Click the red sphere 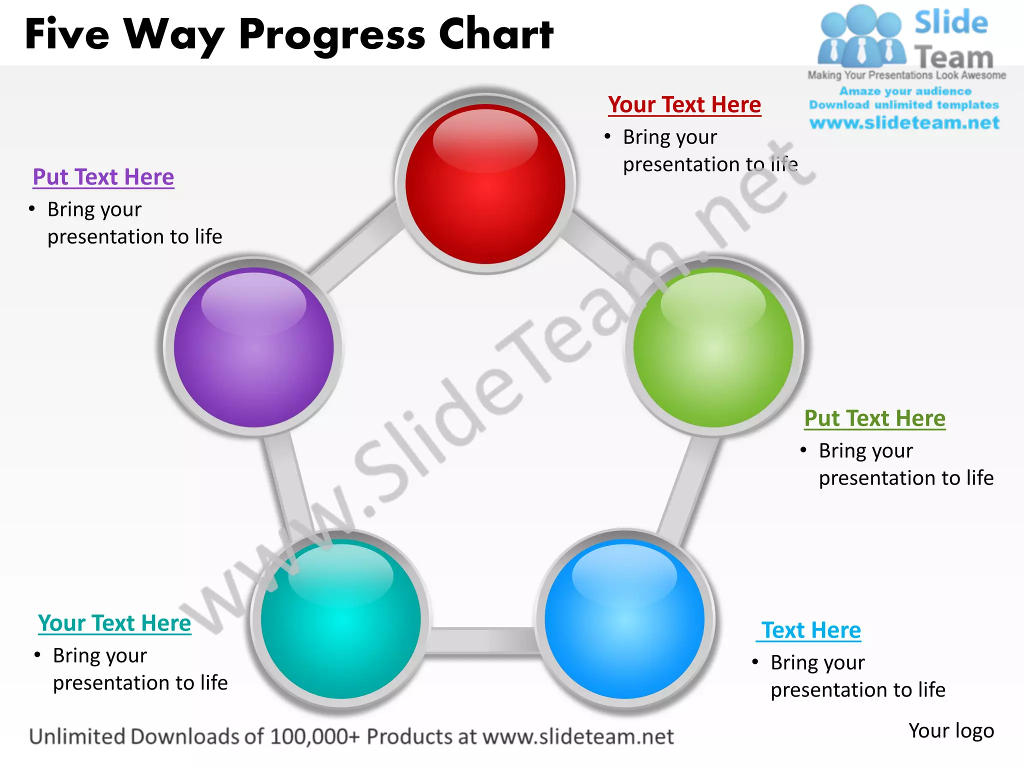coord(485,183)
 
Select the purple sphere coord(253,347)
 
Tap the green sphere coord(713,347)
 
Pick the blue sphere coord(624,619)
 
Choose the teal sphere coord(341,619)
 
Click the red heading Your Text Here coord(684,105)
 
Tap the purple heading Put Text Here coord(103,177)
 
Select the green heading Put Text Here coord(874,418)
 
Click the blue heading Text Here coord(810,630)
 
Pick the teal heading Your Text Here coord(114,623)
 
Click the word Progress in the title coord(332,35)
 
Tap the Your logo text coord(951,731)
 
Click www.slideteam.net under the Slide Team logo coord(904,123)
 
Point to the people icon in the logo coord(861,37)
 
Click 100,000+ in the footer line coord(315,737)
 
